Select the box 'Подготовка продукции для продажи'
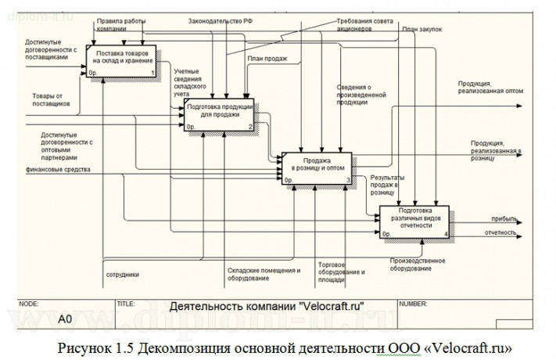click(x=219, y=114)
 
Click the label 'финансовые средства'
click(x=58, y=168)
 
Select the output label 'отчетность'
click(x=500, y=232)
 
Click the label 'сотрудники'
click(x=123, y=274)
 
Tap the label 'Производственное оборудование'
click(x=416, y=265)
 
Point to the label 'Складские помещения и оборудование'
click(x=264, y=274)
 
